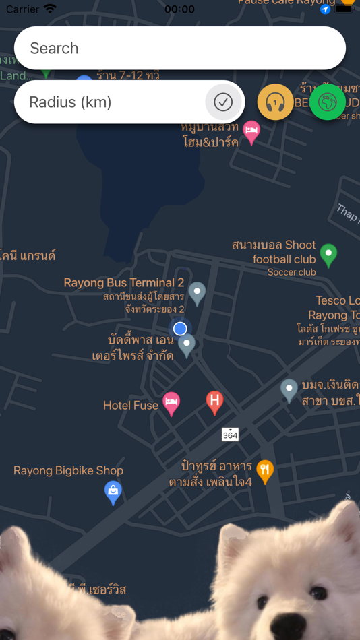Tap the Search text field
point(179,48)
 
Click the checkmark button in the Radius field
point(223,102)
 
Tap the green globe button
point(328,102)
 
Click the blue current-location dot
point(180,329)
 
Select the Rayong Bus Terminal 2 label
point(124,283)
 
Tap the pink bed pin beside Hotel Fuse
point(172,404)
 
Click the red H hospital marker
point(214,402)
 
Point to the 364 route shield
point(231,435)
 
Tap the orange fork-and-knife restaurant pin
point(266,471)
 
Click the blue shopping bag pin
point(113,492)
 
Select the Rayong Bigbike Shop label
point(68,471)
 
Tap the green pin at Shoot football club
point(328,255)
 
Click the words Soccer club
point(291,272)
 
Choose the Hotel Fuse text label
point(131,406)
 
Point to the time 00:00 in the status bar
point(179,9)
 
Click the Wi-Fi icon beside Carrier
point(51,9)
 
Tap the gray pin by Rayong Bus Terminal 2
point(197,292)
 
